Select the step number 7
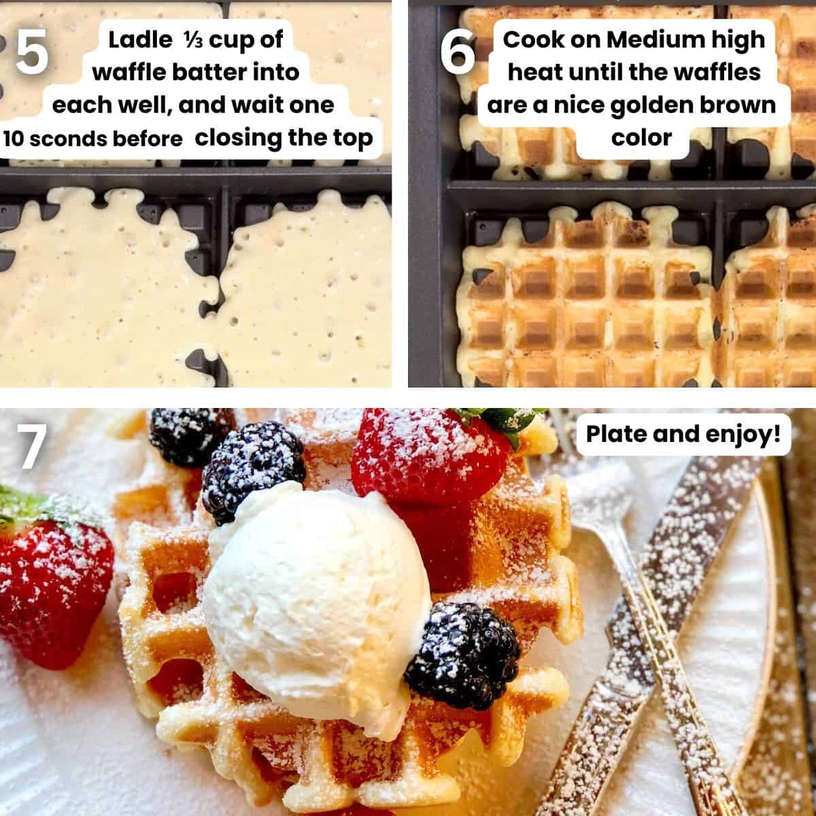pyautogui.click(x=31, y=448)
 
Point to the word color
pyautogui.click(x=641, y=137)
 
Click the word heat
pyautogui.click(x=534, y=73)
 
